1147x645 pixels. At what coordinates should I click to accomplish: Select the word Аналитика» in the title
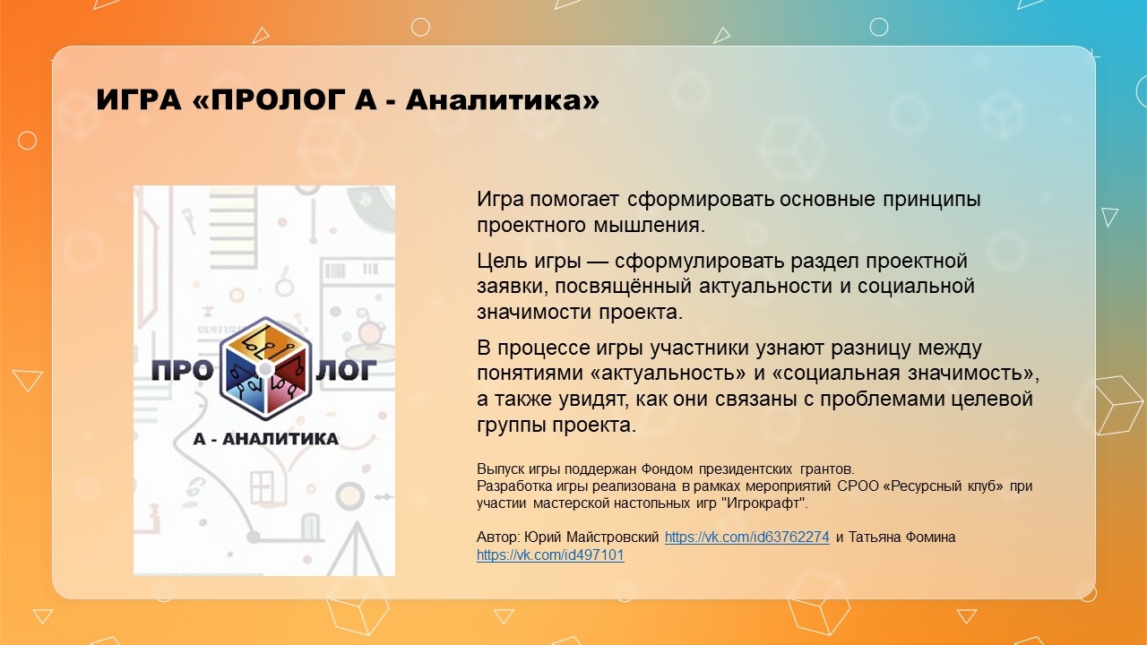tap(503, 99)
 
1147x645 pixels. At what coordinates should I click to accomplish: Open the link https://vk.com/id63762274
tap(747, 537)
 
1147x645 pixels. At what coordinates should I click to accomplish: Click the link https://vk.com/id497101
tap(550, 555)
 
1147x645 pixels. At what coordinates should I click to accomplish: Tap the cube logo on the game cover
tap(265, 368)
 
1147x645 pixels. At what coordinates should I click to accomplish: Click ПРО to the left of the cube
tap(182, 370)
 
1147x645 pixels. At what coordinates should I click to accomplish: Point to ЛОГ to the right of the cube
tap(346, 370)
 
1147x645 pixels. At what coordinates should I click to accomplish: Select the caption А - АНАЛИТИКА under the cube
tap(266, 439)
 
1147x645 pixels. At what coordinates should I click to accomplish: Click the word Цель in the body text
tap(500, 261)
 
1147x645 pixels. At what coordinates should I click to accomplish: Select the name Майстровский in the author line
tap(612, 537)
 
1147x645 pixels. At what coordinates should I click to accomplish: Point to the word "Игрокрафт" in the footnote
tap(764, 503)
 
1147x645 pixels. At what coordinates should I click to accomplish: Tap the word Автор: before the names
tap(498, 537)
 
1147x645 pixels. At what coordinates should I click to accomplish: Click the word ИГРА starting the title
tap(139, 99)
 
